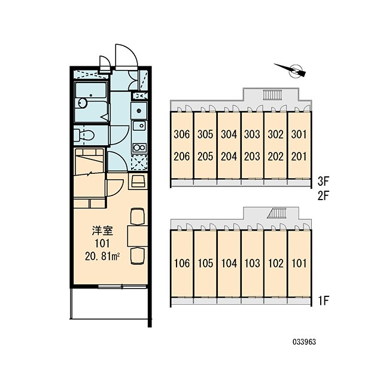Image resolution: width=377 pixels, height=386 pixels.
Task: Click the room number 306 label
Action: click(x=182, y=134)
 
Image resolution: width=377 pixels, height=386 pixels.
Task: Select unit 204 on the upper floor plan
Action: click(x=229, y=157)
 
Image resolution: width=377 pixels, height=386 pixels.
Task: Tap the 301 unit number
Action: click(x=299, y=134)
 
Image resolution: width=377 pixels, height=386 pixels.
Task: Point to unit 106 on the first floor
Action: click(x=182, y=263)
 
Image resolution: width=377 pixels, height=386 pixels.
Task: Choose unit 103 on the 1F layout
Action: click(x=252, y=263)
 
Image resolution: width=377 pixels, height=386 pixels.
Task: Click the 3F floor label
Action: click(x=323, y=182)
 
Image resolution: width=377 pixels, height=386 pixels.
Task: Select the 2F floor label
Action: click(x=323, y=196)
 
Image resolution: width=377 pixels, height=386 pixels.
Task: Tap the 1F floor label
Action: click(x=323, y=301)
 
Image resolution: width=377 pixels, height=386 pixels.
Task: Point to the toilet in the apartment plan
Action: click(x=84, y=135)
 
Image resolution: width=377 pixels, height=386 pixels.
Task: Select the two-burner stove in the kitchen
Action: click(x=139, y=148)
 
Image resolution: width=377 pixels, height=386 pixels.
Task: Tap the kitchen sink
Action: click(x=139, y=125)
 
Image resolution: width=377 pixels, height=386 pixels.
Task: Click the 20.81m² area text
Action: click(x=102, y=256)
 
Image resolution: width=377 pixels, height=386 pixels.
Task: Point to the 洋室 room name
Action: click(x=102, y=231)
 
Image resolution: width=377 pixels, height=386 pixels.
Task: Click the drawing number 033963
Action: click(x=304, y=342)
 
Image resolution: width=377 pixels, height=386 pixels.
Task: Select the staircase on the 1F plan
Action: click(x=277, y=213)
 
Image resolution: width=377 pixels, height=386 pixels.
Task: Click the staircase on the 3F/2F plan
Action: click(x=272, y=95)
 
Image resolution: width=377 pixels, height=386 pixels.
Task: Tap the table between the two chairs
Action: click(x=138, y=236)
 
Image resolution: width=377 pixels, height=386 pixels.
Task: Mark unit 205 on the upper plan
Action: click(x=205, y=157)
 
